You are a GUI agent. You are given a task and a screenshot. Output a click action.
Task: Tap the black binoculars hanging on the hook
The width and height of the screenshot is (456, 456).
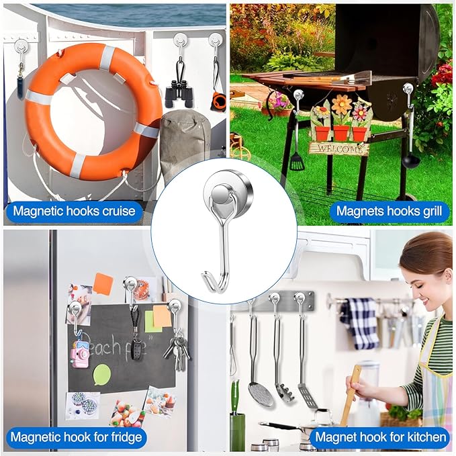point(179,94)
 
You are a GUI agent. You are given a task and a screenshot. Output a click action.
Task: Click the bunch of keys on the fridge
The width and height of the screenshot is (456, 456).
point(177,349)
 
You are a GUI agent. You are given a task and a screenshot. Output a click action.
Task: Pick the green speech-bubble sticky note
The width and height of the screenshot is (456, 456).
point(101,374)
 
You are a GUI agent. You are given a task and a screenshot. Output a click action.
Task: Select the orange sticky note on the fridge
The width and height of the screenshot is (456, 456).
point(102,284)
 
